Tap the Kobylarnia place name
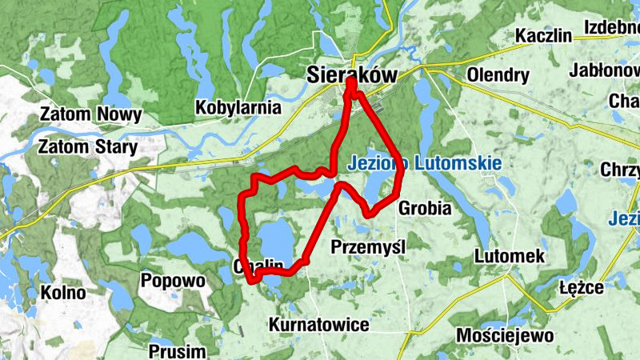(x=238, y=106)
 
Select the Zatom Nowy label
(x=90, y=114)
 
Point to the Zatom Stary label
(x=88, y=147)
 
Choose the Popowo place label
(x=172, y=281)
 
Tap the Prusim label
(x=177, y=350)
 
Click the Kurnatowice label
(x=319, y=325)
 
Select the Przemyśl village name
(x=368, y=246)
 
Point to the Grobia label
(x=424, y=208)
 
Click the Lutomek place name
(x=509, y=256)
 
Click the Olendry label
(x=498, y=76)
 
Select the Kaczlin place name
(x=543, y=36)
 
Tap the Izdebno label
(x=611, y=26)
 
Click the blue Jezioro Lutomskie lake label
(x=425, y=163)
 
